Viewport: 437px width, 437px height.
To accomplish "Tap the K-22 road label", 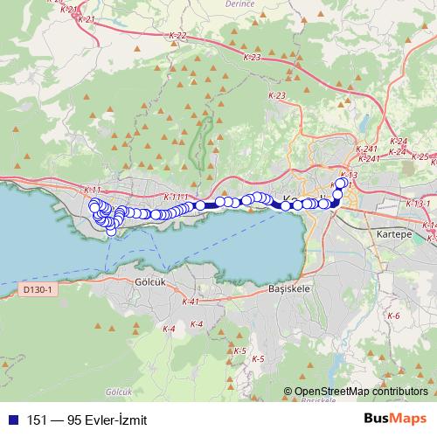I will [177, 36].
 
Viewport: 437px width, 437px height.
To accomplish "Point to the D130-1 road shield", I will [37, 288].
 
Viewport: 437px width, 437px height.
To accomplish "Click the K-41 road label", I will [190, 302].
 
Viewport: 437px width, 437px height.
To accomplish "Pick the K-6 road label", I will [392, 316].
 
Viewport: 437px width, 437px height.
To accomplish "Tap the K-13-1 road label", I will [418, 204].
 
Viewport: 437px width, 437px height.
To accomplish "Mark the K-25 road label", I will [420, 157].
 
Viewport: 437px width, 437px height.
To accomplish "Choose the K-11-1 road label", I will [175, 198].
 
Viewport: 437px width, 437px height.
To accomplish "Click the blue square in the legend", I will [11, 420].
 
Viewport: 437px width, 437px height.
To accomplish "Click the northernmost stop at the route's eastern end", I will [342, 184].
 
